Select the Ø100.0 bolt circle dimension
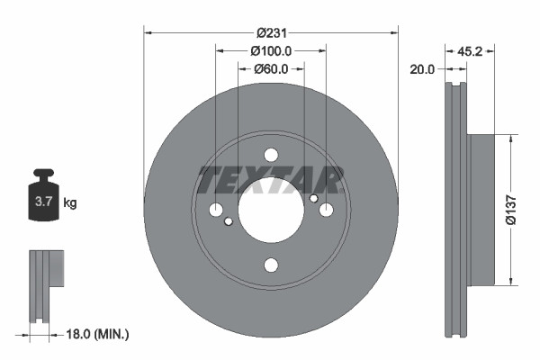click(x=270, y=51)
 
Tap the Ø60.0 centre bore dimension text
click(x=270, y=68)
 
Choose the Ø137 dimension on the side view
click(x=509, y=209)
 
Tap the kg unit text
click(x=70, y=203)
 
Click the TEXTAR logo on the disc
click(x=271, y=180)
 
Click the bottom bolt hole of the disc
click(x=271, y=265)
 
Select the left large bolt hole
click(x=216, y=210)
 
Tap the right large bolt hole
click(x=326, y=210)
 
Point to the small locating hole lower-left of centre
click(x=229, y=221)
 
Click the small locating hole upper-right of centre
click(x=313, y=198)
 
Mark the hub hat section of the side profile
click(x=481, y=209)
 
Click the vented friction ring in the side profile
click(x=456, y=209)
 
